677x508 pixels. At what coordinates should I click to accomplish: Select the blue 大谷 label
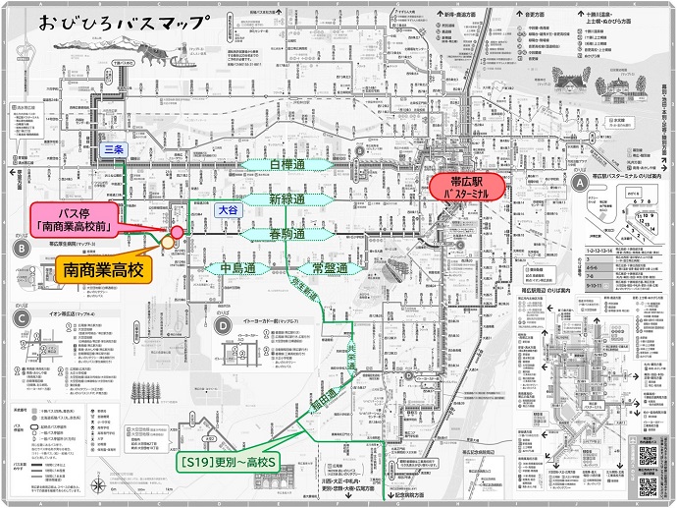click(x=227, y=209)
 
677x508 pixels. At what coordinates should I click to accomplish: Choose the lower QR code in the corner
click(x=648, y=456)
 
